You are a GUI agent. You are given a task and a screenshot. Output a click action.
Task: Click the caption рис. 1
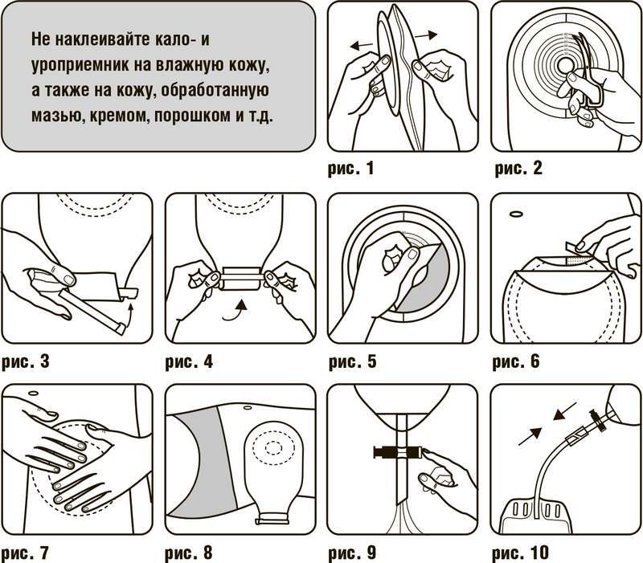pyautogui.click(x=350, y=168)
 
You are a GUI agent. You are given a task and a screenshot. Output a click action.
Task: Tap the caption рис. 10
pyautogui.click(x=520, y=553)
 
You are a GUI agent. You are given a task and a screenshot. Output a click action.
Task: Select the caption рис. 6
pyautogui.click(x=516, y=361)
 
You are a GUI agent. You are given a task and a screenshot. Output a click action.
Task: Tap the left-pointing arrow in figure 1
pyautogui.click(x=361, y=45)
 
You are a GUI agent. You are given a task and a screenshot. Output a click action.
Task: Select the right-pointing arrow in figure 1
pyautogui.click(x=426, y=36)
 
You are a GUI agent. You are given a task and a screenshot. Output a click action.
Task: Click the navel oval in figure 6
pyautogui.click(x=515, y=214)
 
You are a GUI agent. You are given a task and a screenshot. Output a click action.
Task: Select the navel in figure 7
pyautogui.click(x=33, y=393)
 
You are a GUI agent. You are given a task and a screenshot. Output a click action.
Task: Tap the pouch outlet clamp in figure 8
pyautogui.click(x=271, y=520)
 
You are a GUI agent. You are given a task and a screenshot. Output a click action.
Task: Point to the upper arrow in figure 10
pyautogui.click(x=565, y=411)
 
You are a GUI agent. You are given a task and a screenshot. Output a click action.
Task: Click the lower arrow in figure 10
pyautogui.click(x=530, y=436)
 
